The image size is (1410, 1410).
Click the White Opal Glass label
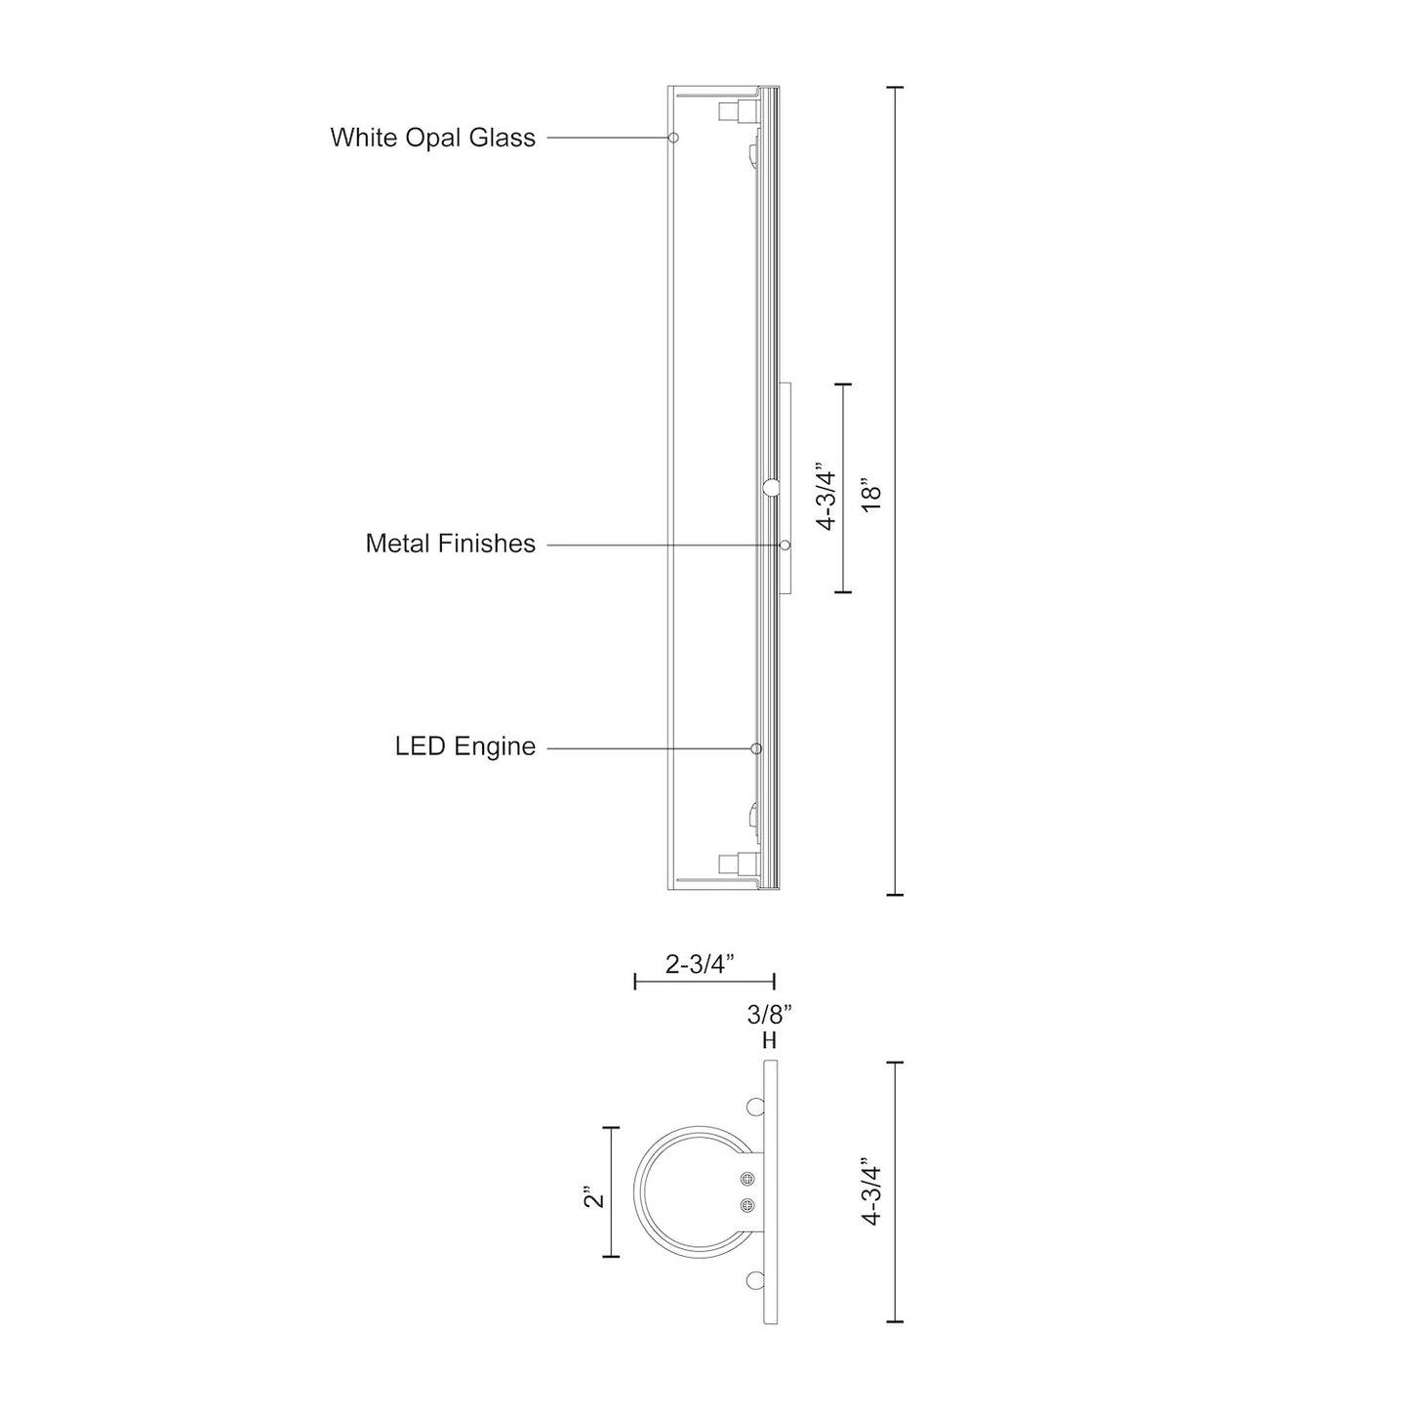[x=432, y=138]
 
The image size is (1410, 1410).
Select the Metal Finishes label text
[x=450, y=544]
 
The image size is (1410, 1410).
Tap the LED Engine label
[x=464, y=747]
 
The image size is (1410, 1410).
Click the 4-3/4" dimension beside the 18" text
[x=827, y=497]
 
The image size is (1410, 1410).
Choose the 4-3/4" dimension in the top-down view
[x=870, y=1191]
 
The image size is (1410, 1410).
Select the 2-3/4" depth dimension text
[x=700, y=964]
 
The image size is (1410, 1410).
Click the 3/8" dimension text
[x=769, y=1015]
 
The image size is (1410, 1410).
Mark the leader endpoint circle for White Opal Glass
[x=672, y=138]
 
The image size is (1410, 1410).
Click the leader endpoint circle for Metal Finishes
[x=784, y=544]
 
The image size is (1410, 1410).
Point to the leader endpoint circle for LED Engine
[x=756, y=748]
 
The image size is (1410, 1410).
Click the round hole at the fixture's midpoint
[x=771, y=488]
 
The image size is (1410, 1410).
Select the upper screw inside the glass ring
[x=747, y=1178]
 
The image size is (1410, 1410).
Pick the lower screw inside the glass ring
[x=747, y=1205]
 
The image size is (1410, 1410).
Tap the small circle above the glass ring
[x=755, y=1107]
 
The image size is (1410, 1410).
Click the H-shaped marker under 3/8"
[x=769, y=1041]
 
